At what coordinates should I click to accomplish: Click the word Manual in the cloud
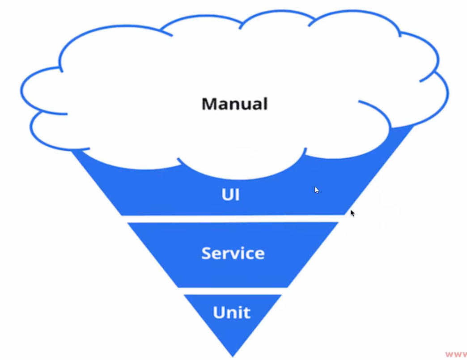234,104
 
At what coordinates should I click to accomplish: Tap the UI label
230,195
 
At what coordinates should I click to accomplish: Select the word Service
233,253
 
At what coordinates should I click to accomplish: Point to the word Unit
231,312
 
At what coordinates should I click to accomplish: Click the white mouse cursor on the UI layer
317,190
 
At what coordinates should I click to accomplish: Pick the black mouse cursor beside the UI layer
352,213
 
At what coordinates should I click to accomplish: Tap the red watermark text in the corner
456,354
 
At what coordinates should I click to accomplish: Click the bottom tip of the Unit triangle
233,356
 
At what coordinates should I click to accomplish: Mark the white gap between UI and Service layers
233,219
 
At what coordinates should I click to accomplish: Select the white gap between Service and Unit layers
233,291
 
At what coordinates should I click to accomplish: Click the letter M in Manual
209,104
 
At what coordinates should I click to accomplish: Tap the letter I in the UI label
237,195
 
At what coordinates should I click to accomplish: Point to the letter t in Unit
246,312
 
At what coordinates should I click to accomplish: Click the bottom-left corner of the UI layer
122,215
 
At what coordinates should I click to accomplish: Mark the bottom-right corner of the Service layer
287,287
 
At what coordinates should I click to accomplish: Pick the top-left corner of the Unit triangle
185,295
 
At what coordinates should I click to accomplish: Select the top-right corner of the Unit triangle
281,295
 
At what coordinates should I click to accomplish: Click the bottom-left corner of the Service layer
178,287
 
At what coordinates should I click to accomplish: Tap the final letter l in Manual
265,103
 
